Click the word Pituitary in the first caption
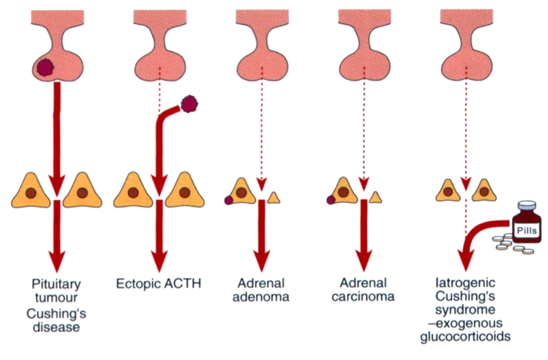(x=52, y=283)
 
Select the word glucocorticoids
(x=471, y=336)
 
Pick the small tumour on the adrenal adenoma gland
(x=229, y=200)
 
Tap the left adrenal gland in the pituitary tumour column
(x=34, y=193)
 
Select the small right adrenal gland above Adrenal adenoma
(x=274, y=196)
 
